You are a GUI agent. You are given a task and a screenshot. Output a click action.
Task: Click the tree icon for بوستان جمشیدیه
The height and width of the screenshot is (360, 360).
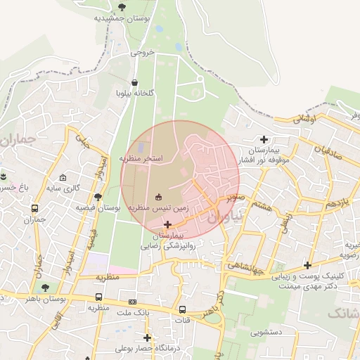click(x=122, y=7)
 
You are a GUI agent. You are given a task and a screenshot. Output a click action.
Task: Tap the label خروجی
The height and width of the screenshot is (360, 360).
click(x=141, y=53)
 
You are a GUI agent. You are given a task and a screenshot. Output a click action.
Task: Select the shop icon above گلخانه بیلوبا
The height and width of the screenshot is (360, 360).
click(x=135, y=82)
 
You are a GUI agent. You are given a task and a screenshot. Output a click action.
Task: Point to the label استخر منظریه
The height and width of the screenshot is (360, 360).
click(x=141, y=159)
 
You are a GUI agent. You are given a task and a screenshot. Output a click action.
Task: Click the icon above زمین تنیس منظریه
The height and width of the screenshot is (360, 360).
click(x=158, y=197)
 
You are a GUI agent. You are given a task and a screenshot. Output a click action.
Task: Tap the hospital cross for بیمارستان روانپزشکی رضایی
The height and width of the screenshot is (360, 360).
click(x=167, y=224)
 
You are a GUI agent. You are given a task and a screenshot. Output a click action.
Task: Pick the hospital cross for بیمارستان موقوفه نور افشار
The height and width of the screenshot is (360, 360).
click(x=264, y=139)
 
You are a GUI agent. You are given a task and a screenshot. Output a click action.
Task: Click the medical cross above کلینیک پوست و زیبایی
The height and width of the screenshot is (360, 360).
click(x=307, y=265)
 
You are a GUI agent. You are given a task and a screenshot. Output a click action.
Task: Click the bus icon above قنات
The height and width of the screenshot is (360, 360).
click(x=183, y=309)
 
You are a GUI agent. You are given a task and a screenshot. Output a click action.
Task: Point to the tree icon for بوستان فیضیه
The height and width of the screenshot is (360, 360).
click(x=98, y=198)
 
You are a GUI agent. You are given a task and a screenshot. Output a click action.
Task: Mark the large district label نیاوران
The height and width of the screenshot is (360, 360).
click(x=224, y=217)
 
